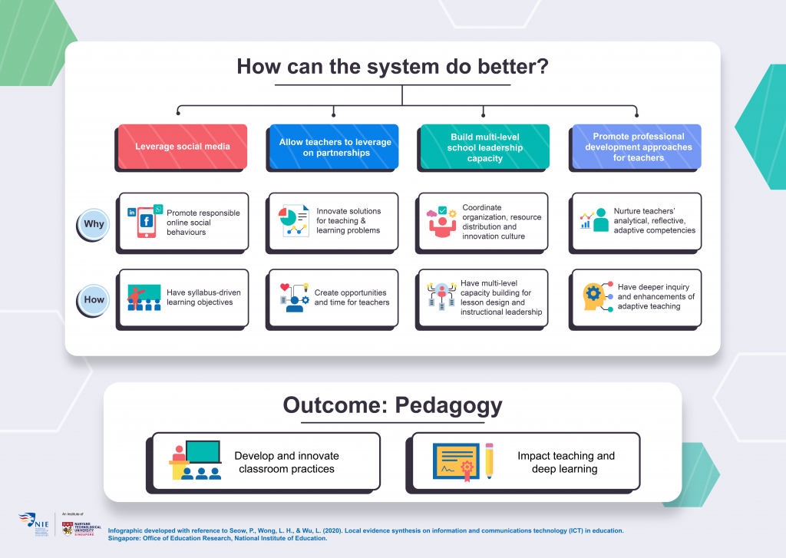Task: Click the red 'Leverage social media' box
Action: click(x=182, y=147)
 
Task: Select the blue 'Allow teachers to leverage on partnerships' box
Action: click(x=334, y=147)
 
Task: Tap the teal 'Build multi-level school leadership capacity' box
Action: click(x=484, y=147)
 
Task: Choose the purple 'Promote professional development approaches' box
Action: click(x=636, y=147)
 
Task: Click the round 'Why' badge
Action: click(x=94, y=224)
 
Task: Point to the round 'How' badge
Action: click(x=94, y=299)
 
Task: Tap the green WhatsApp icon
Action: click(x=158, y=209)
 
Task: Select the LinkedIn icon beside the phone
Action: click(x=132, y=212)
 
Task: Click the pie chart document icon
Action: click(x=292, y=221)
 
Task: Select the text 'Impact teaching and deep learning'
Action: click(x=566, y=462)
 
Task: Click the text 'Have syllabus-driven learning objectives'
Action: click(x=200, y=297)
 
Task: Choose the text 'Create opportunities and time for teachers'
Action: click(x=352, y=297)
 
